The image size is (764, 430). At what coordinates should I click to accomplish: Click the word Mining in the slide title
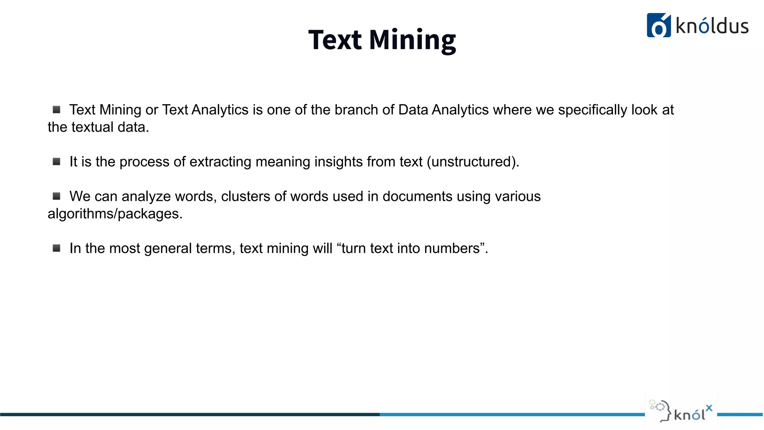point(412,40)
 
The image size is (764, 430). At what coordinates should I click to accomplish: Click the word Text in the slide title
point(335,40)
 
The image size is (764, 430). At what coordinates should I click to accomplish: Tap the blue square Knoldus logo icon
point(658,25)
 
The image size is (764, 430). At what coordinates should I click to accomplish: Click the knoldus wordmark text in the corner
point(712,27)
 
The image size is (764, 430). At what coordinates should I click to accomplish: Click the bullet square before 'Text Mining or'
point(56,110)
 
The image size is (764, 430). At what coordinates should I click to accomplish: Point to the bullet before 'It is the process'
point(56,162)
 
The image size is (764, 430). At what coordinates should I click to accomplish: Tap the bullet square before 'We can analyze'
point(56,196)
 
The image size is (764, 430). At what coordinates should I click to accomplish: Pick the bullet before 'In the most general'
point(56,248)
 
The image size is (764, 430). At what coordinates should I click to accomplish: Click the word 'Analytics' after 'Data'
point(460,110)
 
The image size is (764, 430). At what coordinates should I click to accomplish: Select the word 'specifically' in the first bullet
point(592,110)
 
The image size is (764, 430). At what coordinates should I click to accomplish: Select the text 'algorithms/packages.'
point(115,214)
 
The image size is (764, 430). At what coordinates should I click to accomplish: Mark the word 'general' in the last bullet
point(167,249)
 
